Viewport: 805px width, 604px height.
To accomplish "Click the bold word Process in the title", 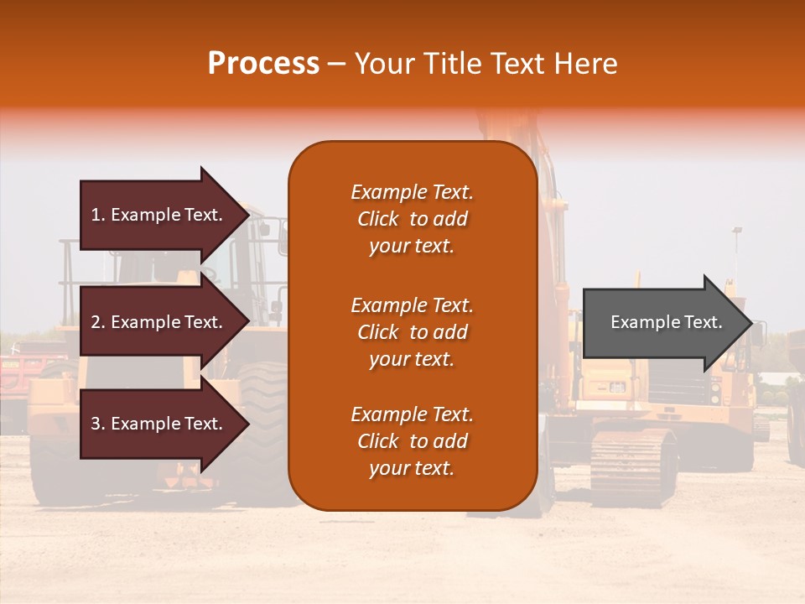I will click(263, 64).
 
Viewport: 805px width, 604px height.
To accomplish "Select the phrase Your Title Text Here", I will click(486, 64).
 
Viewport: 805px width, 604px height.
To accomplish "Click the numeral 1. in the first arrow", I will click(98, 215).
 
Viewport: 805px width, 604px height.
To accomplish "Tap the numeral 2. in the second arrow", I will click(98, 322).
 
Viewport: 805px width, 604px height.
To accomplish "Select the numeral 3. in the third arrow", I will click(98, 424).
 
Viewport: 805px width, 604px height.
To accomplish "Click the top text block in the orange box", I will click(412, 219).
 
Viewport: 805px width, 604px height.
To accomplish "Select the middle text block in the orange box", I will click(412, 332).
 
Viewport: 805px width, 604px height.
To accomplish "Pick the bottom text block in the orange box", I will click(412, 441).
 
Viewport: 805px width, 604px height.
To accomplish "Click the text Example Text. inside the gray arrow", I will click(667, 322).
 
